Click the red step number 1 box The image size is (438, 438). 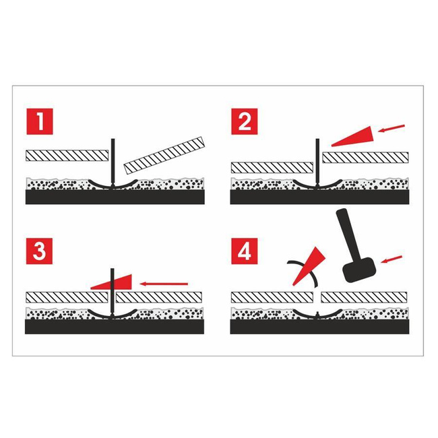coord(40,124)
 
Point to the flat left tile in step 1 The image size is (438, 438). coord(67,154)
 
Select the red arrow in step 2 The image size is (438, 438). coord(393,127)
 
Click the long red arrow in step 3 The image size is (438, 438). coord(164,284)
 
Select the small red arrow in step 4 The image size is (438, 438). coord(391,259)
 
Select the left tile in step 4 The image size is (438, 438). coord(272,297)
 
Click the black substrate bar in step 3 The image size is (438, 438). coord(115,326)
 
